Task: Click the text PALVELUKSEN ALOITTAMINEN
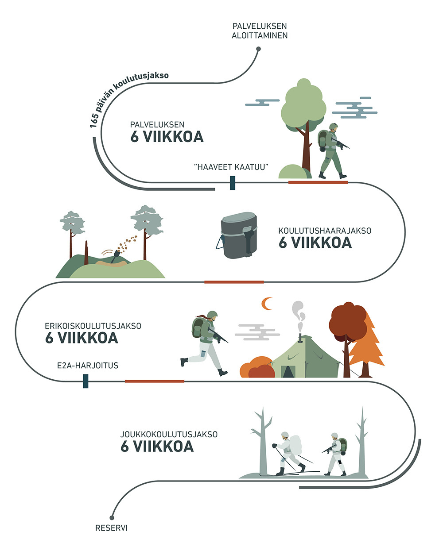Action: [260, 31]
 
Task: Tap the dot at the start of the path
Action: [258, 50]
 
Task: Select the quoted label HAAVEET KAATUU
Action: [232, 167]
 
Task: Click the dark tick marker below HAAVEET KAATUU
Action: [233, 183]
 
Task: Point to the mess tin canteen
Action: [239, 236]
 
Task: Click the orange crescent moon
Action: [267, 304]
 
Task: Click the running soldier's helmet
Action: [213, 315]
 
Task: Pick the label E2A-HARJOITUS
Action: [88, 366]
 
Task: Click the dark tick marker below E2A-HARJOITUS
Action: [86, 381]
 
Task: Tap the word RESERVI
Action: [111, 528]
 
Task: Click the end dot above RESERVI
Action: [113, 517]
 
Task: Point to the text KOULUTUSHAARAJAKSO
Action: [325, 231]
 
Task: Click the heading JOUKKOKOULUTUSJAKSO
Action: [169, 435]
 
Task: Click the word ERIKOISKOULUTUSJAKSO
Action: [93, 326]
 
